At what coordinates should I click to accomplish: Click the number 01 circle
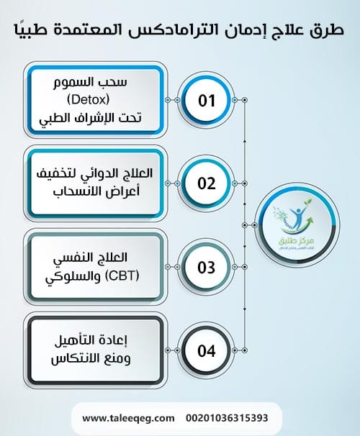point(207,100)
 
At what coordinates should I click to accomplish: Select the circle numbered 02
point(207,183)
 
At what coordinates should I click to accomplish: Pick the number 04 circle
point(207,352)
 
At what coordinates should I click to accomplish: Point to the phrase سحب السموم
point(94,80)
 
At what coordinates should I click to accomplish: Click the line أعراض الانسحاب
point(94,191)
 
